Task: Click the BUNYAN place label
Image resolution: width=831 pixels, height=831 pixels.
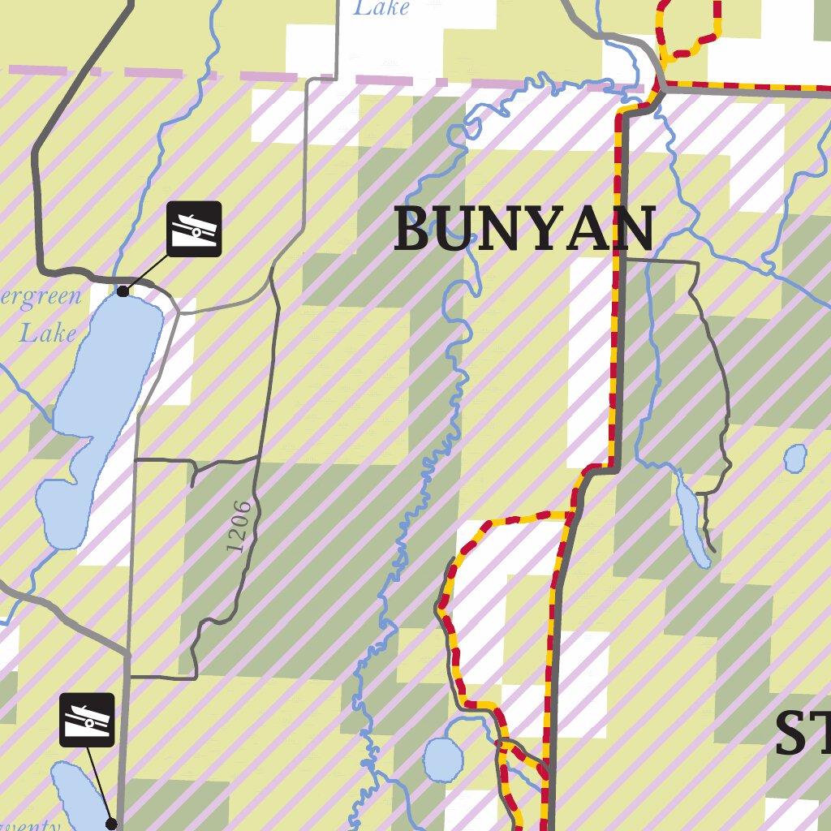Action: coord(524,230)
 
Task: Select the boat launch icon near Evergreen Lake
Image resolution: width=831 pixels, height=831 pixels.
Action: coord(195,229)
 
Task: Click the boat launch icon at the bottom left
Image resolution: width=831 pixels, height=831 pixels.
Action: coord(87,720)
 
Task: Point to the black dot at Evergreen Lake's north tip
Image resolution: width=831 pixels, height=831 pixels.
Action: coord(123,291)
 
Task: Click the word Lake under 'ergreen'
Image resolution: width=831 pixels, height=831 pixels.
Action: coord(49,334)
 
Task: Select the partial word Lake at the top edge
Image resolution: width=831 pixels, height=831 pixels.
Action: coord(381,9)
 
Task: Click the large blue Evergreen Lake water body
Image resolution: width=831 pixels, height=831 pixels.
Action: coord(114,365)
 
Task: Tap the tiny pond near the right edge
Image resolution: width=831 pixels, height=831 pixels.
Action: coord(796,458)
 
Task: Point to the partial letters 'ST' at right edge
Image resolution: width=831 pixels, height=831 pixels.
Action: coord(802,734)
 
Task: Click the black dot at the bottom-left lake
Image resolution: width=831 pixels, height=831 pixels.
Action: coord(111,824)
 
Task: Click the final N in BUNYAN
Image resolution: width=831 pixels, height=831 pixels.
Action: coord(633,230)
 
